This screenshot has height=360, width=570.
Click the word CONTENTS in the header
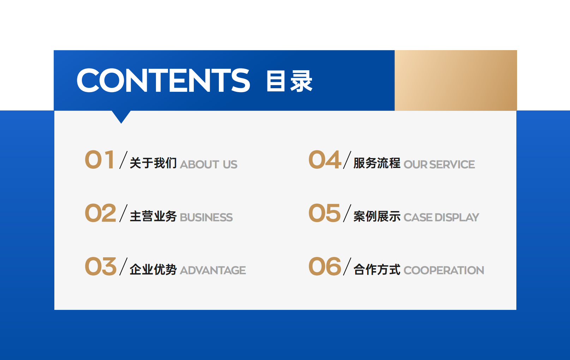(163, 80)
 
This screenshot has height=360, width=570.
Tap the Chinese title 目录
(289, 81)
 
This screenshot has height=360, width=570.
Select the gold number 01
(100, 160)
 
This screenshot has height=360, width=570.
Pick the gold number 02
(101, 213)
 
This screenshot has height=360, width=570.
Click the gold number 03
(101, 266)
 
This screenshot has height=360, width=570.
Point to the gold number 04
(325, 160)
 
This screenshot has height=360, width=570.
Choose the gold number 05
(324, 213)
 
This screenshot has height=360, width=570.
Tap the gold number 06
(325, 266)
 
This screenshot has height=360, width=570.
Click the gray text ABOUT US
(209, 164)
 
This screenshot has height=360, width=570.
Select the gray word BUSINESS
(206, 217)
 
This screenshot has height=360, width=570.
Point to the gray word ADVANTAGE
(213, 270)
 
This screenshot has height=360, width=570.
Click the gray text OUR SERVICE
(439, 164)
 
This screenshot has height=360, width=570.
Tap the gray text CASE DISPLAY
(442, 217)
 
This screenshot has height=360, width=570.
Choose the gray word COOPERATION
(444, 270)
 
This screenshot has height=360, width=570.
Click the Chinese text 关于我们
(153, 163)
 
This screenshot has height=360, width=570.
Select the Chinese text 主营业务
(153, 216)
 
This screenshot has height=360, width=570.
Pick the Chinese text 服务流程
(377, 163)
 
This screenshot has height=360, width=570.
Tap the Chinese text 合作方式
(377, 269)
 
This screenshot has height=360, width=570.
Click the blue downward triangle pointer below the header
(121, 116)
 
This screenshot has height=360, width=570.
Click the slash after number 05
(347, 213)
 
